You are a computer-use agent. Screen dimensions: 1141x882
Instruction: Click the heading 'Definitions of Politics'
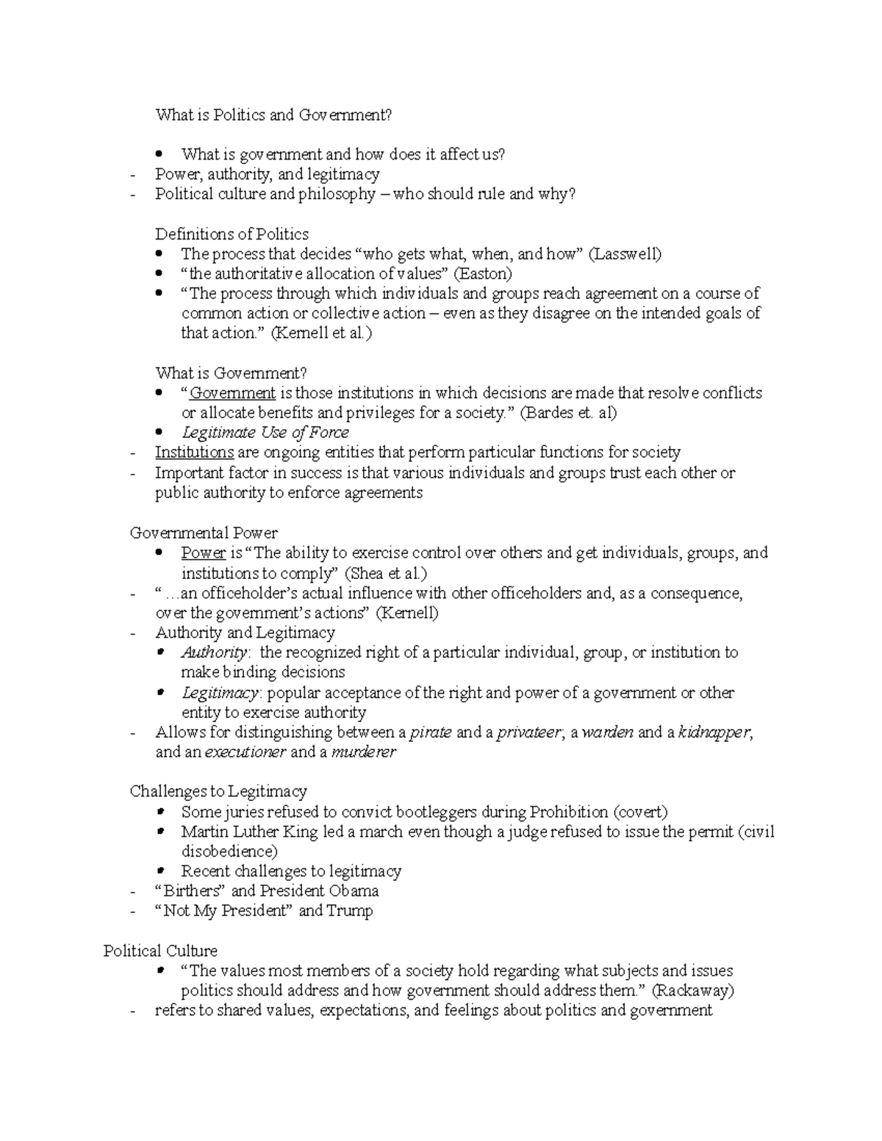coord(232,234)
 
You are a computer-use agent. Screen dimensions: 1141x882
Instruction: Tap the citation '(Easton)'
coord(482,274)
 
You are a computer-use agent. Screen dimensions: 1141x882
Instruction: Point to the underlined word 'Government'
coord(232,393)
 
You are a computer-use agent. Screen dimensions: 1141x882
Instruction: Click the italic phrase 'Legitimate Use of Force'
coord(265,433)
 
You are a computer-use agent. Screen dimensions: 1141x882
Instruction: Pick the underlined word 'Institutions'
coord(194,453)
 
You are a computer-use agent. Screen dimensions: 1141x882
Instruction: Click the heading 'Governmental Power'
coord(204,533)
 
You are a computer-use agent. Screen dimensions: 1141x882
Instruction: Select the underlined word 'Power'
coord(203,552)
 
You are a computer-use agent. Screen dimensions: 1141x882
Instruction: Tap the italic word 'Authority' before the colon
coord(214,652)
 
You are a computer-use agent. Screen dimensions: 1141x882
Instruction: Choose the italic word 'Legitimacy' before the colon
coord(219,693)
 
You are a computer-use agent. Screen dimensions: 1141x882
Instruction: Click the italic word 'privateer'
coord(528,733)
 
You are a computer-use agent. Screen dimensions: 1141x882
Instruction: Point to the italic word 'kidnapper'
coord(714,733)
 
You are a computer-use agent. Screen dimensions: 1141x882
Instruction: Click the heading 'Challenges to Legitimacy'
coord(218,791)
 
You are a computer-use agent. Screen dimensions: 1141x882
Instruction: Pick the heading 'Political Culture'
coord(160,951)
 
